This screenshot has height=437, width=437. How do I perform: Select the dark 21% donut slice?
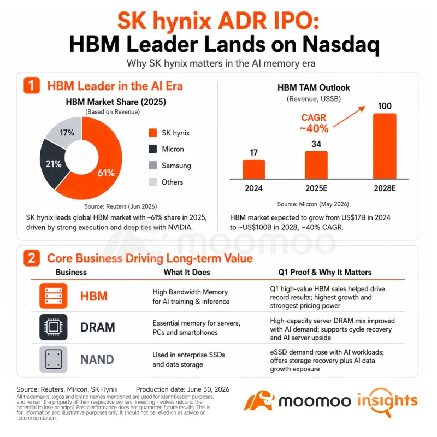(53, 164)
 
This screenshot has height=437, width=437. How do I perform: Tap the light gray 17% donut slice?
(66, 132)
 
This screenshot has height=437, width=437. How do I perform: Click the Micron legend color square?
(153, 149)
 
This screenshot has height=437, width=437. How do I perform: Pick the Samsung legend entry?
(170, 166)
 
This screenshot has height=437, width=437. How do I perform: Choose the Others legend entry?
(166, 182)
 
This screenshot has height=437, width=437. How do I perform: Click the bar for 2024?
(253, 169)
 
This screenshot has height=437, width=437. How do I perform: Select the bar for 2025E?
(316, 165)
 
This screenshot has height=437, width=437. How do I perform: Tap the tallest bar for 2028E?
(385, 146)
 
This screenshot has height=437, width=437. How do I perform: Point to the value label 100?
(385, 106)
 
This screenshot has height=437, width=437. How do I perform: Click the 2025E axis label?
(316, 188)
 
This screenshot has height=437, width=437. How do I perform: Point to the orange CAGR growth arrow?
(349, 116)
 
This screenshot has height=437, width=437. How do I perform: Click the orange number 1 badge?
(32, 85)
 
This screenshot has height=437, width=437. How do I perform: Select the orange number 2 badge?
(32, 258)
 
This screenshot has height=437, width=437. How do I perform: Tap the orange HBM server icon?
(53, 296)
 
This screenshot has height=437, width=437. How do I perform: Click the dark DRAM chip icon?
(53, 327)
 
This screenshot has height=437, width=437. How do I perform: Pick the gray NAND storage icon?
(53, 359)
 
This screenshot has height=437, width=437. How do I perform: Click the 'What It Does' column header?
(187, 272)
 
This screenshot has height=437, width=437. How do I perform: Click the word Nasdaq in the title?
(341, 45)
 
